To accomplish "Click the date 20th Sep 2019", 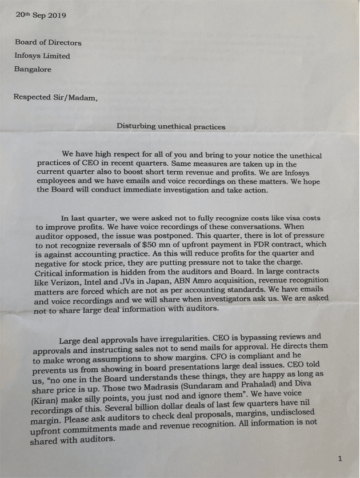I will pos(41,15).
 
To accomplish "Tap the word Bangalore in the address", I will pos(33,70).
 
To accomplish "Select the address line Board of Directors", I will pos(49,42).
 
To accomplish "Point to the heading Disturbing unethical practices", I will pos(171,126).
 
